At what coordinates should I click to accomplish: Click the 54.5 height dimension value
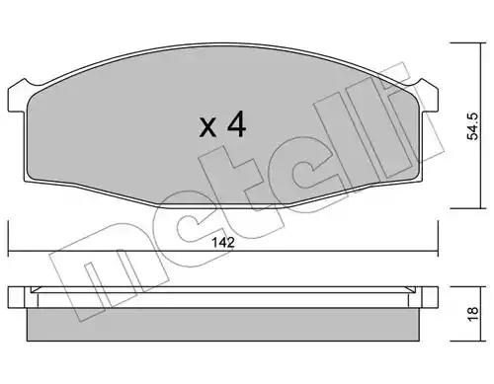pyautogui.click(x=473, y=126)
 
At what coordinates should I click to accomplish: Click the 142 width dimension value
pyautogui.click(x=223, y=243)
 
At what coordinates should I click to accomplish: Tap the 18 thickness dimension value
pyautogui.click(x=472, y=314)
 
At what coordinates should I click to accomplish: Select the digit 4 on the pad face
pyautogui.click(x=236, y=124)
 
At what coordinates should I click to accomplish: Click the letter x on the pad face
pyautogui.click(x=207, y=128)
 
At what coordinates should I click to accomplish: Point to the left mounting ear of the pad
pyautogui.click(x=17, y=97)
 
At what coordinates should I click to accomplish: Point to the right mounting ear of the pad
pyautogui.click(x=429, y=97)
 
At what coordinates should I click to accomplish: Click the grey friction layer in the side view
pyautogui.click(x=223, y=325)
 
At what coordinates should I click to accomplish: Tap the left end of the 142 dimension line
pyautogui.click(x=8, y=252)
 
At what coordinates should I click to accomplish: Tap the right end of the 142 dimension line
pyautogui.click(x=438, y=252)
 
